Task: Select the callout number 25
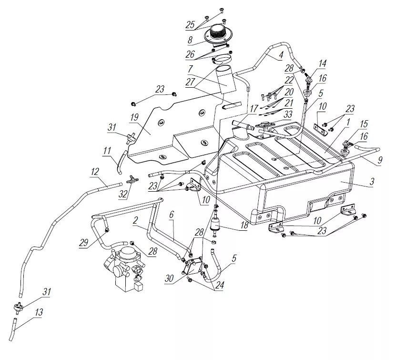pos(190,24)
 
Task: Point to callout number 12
pos(95,171)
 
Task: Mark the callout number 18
pos(244,226)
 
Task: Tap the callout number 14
pos(323,63)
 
